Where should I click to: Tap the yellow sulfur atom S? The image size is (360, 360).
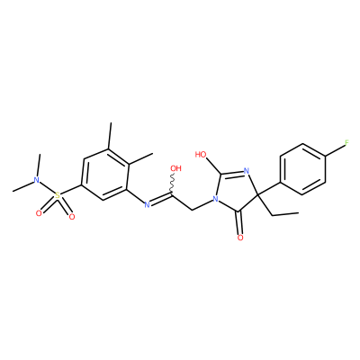coord(58,196)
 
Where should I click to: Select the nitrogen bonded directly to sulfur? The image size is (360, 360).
coord(37,180)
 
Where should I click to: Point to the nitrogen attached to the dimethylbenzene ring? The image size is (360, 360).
coord(147,205)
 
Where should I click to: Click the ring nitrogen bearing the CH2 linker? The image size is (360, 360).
coord(214,199)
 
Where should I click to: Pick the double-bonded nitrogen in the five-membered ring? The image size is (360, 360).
coord(247,171)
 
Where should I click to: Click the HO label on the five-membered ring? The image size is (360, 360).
coord(201,155)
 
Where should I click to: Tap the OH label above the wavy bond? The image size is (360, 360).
coord(175,168)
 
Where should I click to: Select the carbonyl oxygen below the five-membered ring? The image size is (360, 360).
coord(240,238)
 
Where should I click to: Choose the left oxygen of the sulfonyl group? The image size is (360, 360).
coord(39,213)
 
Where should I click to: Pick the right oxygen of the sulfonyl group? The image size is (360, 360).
coord(71,217)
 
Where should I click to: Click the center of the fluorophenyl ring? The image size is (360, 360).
coord(302,169)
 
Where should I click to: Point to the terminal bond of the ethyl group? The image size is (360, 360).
coord(285,214)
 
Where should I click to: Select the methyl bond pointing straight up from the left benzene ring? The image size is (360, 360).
coord(110,135)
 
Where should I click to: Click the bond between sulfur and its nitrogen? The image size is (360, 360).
coord(47,188)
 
